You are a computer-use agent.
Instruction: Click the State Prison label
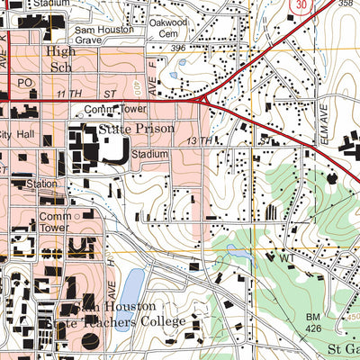[134, 130]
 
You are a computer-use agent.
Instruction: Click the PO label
[24, 82]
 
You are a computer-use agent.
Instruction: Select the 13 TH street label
[199, 140]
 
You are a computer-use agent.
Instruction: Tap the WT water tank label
[287, 259]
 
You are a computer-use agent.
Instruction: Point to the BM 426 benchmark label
[313, 323]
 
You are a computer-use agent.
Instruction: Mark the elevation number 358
[346, 4]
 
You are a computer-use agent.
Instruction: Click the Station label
[41, 184]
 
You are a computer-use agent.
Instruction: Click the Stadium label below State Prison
[149, 155]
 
